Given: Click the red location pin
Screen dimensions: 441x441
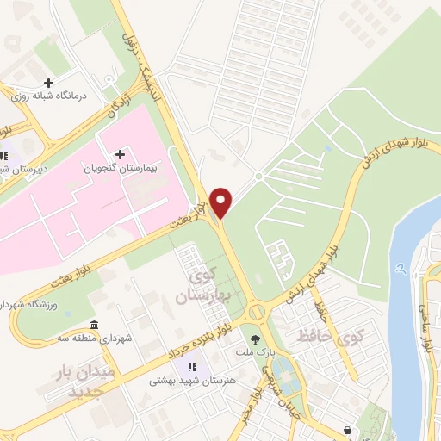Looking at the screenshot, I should (222, 202).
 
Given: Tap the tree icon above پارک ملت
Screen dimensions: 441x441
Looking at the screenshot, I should (254, 339).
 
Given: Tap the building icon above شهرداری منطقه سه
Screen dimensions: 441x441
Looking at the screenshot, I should (94, 325).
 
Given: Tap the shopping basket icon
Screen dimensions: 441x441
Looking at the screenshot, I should (346, 430).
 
